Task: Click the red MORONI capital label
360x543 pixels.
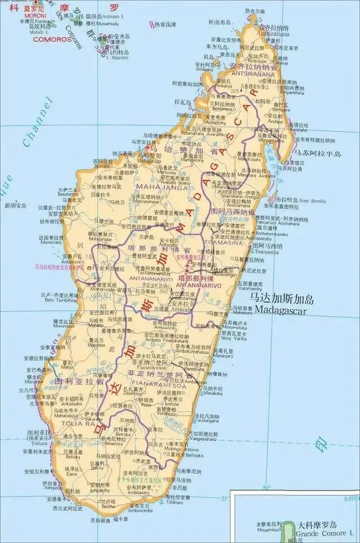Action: pyautogui.click(x=35, y=16)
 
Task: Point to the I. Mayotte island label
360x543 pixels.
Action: pyautogui.click(x=117, y=57)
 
